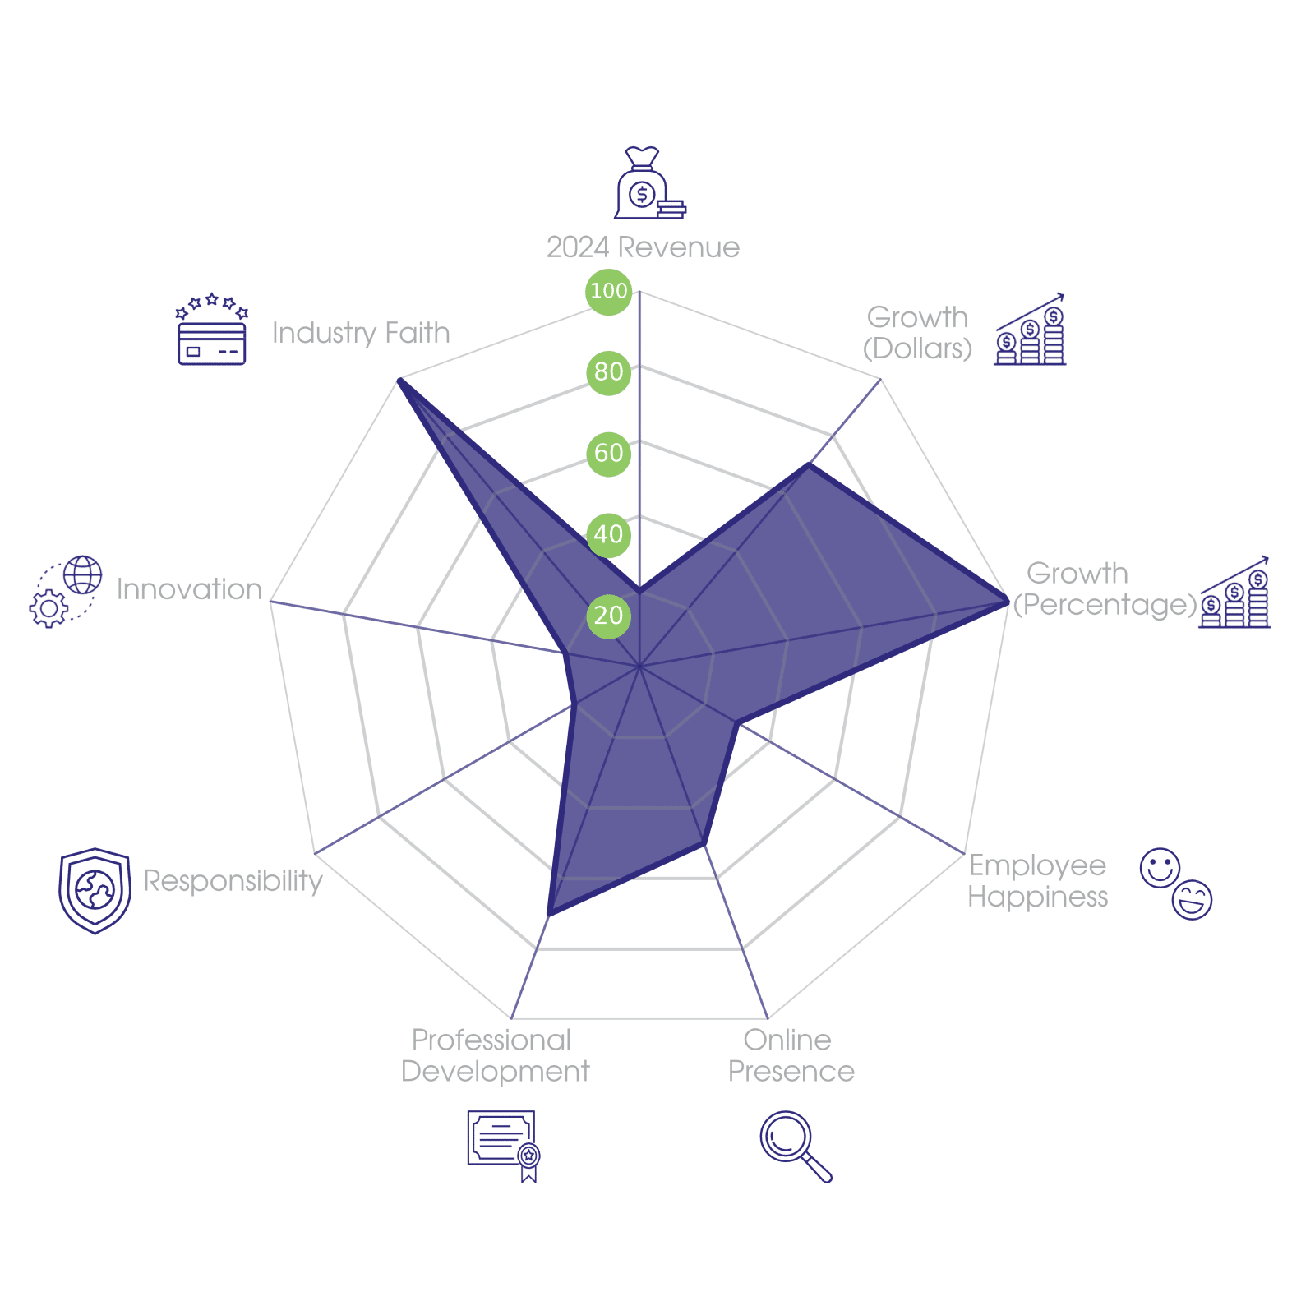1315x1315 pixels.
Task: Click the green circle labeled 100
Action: (609, 291)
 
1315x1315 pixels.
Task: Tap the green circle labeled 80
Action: (609, 372)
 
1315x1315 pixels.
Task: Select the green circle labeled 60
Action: (609, 454)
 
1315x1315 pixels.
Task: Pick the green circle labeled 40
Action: (609, 534)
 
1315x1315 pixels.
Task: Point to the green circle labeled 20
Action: (609, 616)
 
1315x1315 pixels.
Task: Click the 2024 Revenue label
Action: (643, 247)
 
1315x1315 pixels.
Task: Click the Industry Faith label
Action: (361, 333)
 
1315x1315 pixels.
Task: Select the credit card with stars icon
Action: (212, 329)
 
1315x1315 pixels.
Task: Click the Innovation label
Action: (189, 589)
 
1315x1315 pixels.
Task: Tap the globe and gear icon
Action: (66, 592)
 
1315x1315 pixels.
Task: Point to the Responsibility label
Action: (233, 881)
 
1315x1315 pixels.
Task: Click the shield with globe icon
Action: (95, 891)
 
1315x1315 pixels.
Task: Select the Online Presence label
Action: (791, 1056)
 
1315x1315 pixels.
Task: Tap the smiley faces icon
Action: (1176, 884)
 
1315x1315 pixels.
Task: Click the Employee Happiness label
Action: (1037, 881)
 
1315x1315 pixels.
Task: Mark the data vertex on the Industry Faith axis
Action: (399, 379)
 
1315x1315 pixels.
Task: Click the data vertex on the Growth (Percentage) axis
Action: (1008, 602)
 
